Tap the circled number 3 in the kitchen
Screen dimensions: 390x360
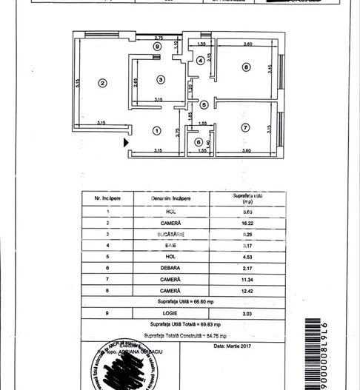pyautogui.click(x=160, y=79)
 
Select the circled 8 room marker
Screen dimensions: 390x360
pyautogui.click(x=246, y=67)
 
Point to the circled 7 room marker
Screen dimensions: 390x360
pyautogui.click(x=246, y=128)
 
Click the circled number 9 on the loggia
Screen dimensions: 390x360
pyautogui.click(x=156, y=47)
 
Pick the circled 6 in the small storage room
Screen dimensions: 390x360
pyautogui.click(x=198, y=142)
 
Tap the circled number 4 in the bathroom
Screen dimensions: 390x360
pyautogui.click(x=199, y=60)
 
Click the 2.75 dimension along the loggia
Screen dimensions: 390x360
pyautogui.click(x=159, y=38)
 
